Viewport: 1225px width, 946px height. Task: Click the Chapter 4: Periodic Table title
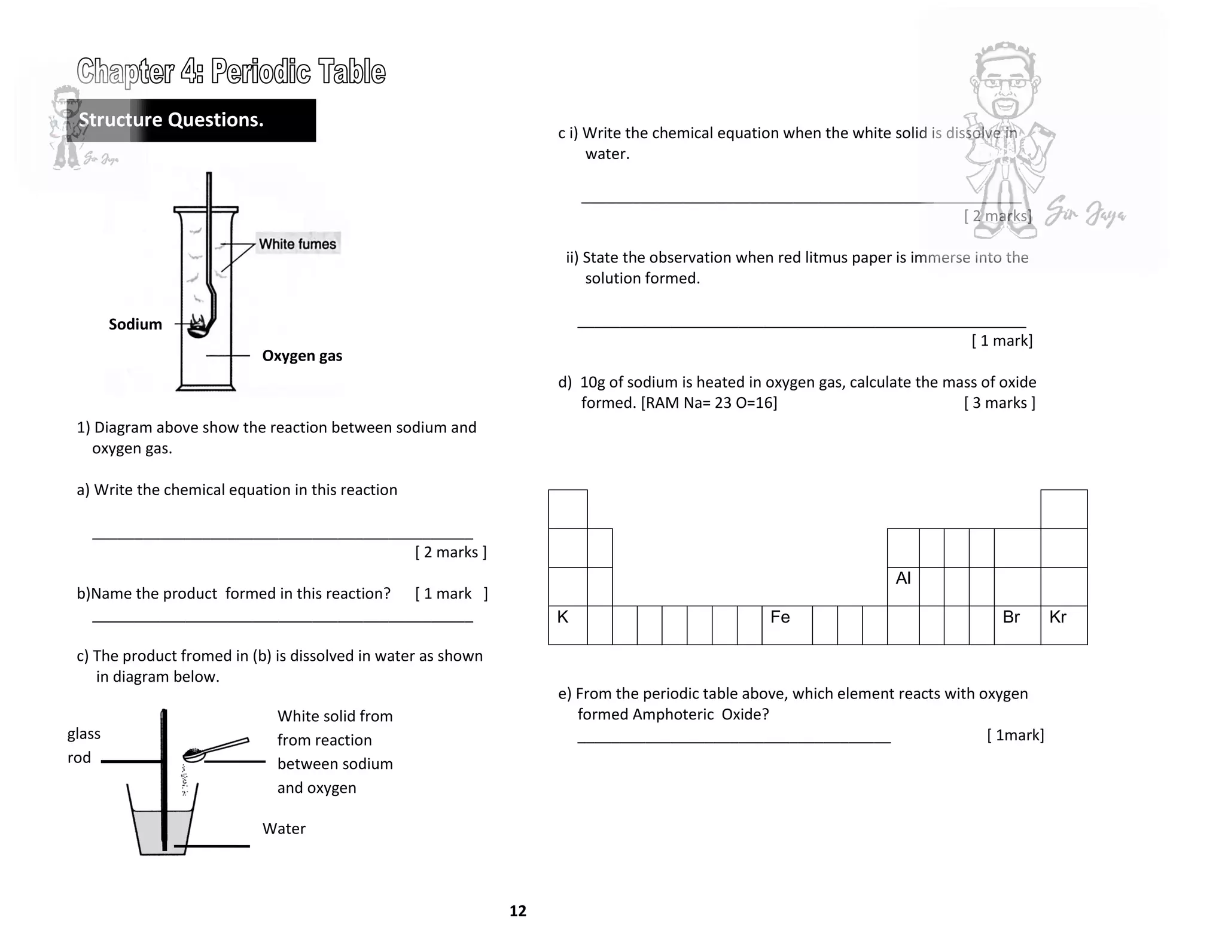(x=231, y=72)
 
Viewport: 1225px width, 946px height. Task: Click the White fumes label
(x=297, y=244)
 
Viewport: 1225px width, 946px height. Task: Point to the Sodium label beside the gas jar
(x=135, y=324)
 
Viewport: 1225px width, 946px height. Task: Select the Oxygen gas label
(x=302, y=356)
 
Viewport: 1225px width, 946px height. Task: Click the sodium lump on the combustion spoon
(x=197, y=326)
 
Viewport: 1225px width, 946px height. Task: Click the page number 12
(x=517, y=911)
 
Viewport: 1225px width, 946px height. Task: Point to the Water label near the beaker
(x=284, y=829)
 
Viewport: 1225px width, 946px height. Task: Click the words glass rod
(x=83, y=745)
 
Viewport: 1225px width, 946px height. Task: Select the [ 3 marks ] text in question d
(x=999, y=403)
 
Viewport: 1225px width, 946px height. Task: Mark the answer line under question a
(x=282, y=538)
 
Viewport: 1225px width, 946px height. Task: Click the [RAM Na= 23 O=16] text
(x=709, y=403)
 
